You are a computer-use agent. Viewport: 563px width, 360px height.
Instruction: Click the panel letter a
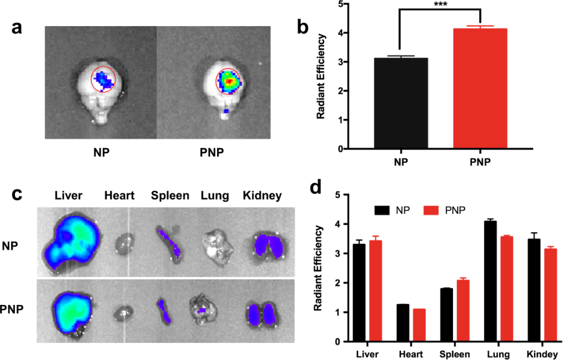[18, 27]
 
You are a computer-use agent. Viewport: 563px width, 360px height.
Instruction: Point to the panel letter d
[315, 186]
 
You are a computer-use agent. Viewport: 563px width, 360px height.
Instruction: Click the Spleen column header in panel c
[170, 196]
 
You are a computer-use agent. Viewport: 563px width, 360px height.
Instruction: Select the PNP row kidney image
[262, 313]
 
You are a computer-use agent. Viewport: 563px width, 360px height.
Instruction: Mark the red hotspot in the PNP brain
[228, 81]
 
